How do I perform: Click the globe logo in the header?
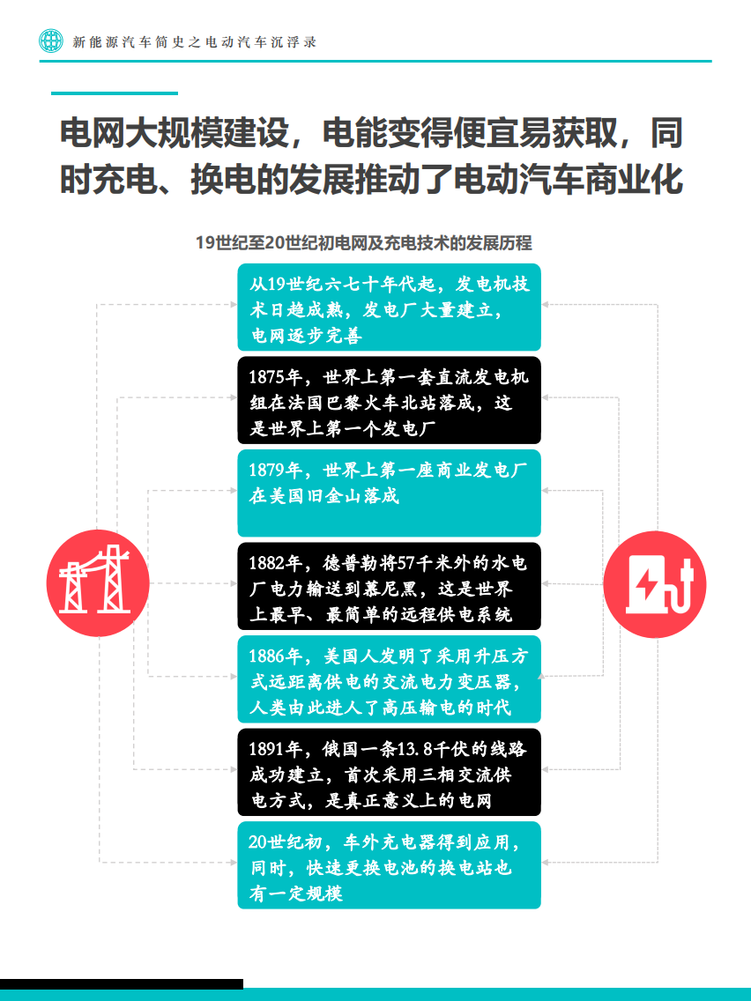coord(51,41)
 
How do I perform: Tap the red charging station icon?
coord(656,582)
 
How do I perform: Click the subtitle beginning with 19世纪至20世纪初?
coord(363,243)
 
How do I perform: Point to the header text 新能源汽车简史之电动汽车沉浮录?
coord(194,41)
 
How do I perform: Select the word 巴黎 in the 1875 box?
coord(360,404)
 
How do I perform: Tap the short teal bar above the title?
coord(115,93)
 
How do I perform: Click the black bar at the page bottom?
coord(122,983)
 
